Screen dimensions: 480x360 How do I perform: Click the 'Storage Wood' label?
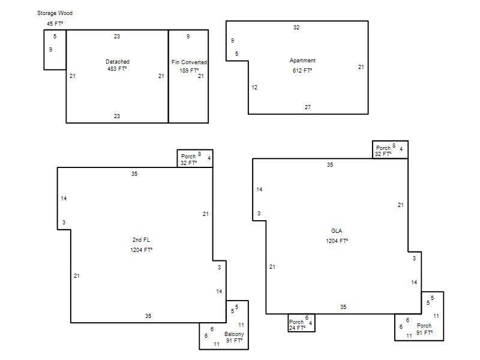tap(55, 13)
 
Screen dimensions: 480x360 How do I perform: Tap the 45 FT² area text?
tap(55, 23)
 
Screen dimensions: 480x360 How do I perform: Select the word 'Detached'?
tap(118, 62)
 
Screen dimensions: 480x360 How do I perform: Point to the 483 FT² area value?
tap(117, 69)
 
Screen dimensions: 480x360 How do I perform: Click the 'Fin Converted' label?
tap(189, 62)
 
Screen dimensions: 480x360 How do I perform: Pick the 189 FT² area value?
tap(189, 70)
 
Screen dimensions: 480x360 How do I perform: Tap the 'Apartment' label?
tap(302, 61)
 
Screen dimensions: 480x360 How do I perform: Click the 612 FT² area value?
tap(302, 70)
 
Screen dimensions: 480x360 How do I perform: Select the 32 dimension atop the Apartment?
tap(296, 27)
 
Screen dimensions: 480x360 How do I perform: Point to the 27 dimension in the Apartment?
tap(308, 107)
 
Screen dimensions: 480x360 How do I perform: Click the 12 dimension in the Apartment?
tap(254, 88)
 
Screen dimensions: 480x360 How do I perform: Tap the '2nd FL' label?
tap(141, 239)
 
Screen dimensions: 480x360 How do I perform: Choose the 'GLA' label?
tap(337, 231)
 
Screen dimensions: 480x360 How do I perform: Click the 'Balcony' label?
tap(234, 334)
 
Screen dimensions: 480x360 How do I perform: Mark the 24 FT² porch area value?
tap(297, 328)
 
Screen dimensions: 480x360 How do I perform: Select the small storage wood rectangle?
tap(44, 50)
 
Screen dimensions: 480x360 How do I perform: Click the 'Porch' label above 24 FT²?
tap(296, 322)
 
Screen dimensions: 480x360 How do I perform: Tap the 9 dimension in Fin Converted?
tap(188, 37)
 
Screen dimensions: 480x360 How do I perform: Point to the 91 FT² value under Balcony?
tap(234, 340)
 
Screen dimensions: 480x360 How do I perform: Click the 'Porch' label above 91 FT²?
tap(424, 326)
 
